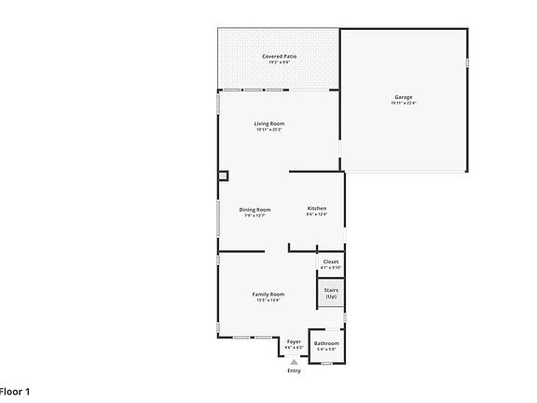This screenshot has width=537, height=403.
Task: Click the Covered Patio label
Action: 279,57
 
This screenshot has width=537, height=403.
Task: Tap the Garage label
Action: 404,96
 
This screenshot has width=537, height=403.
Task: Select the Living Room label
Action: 269,123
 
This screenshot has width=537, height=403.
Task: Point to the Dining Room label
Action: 255,209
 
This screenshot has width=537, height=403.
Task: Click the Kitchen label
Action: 316,208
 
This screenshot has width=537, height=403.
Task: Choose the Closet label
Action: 331,261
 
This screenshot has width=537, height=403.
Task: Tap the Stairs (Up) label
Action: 331,293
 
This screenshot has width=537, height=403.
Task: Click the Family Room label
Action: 268,294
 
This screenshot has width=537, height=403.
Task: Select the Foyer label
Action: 294,341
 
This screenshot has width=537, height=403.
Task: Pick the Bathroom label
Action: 326,343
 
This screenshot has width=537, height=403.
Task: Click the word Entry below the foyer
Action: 294,371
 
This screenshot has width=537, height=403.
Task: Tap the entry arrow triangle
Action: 294,361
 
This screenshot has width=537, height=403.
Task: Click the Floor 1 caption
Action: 15,391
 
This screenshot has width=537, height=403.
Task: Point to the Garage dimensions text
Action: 404,103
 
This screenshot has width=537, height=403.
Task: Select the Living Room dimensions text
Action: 269,130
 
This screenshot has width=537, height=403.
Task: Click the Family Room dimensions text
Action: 268,300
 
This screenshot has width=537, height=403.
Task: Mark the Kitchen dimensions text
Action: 316,215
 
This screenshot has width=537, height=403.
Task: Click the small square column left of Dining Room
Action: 223,174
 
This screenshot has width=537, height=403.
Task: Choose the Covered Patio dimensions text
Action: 279,63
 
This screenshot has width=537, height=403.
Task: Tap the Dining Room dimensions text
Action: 255,215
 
